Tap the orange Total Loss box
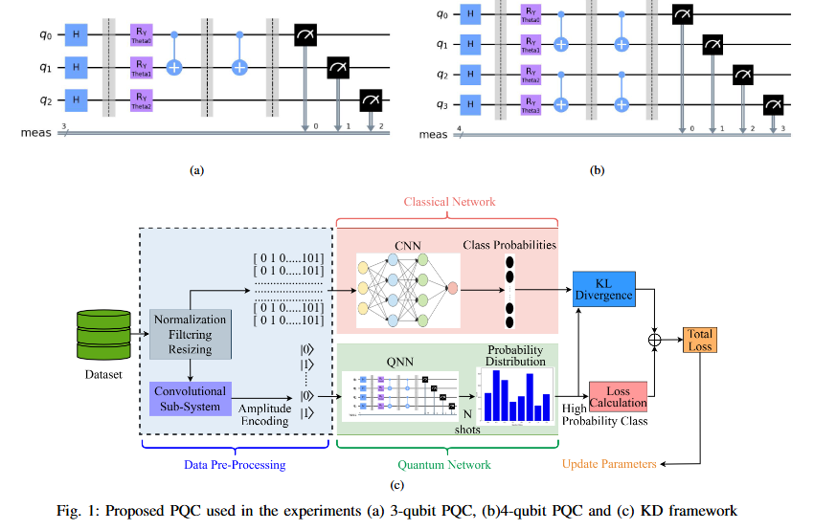[700, 340]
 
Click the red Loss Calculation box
[619, 395]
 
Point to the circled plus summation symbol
[655, 340]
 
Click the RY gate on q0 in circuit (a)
[140, 35]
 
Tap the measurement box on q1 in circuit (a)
[338, 67]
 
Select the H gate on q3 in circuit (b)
[468, 102]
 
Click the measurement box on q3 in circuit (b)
[773, 102]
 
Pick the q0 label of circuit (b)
[440, 13]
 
